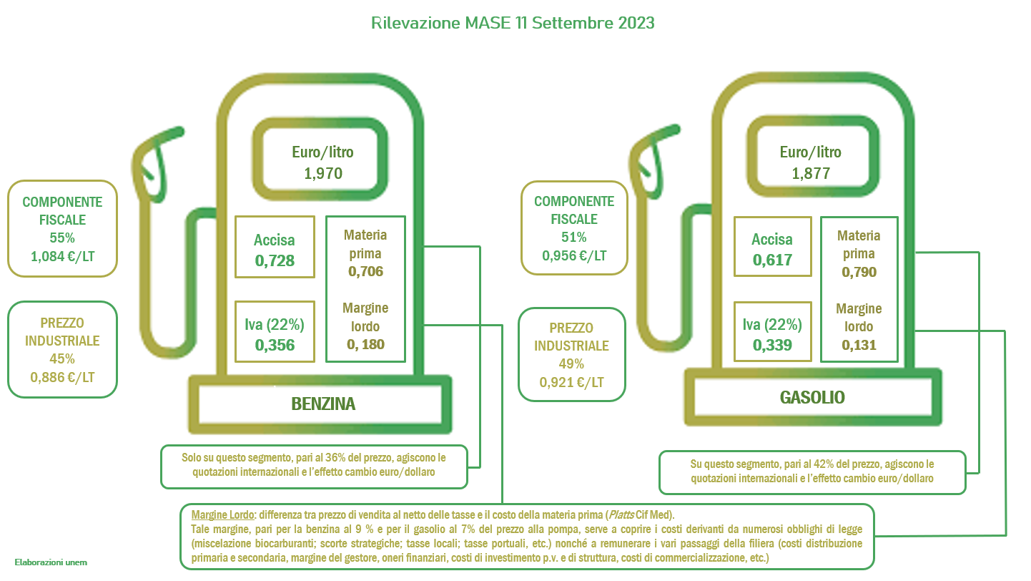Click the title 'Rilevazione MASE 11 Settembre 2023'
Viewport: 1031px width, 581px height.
click(513, 23)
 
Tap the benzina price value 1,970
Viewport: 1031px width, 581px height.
click(323, 173)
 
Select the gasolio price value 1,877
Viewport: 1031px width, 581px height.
click(811, 173)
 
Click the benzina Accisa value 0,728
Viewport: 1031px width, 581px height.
click(275, 260)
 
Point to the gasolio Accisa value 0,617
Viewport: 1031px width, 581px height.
click(772, 260)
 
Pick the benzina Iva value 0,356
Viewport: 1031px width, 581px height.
click(275, 345)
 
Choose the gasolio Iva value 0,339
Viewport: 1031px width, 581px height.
click(772, 345)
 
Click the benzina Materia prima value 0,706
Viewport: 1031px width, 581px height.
click(365, 271)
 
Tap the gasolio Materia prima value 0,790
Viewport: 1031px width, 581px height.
click(859, 272)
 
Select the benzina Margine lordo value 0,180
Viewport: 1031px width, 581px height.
click(365, 344)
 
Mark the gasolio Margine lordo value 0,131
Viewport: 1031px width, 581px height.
click(859, 345)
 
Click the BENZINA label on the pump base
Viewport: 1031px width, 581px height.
click(323, 404)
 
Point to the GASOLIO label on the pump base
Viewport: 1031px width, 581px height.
click(812, 397)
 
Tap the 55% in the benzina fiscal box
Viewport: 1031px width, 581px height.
click(62, 238)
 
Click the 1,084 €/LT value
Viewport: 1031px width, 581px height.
click(63, 256)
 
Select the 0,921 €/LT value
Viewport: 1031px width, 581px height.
click(572, 382)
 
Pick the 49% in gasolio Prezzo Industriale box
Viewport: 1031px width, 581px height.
click(571, 364)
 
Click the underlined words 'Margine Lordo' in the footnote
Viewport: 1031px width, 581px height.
click(222, 514)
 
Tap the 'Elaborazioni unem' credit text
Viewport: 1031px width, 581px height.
click(51, 562)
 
